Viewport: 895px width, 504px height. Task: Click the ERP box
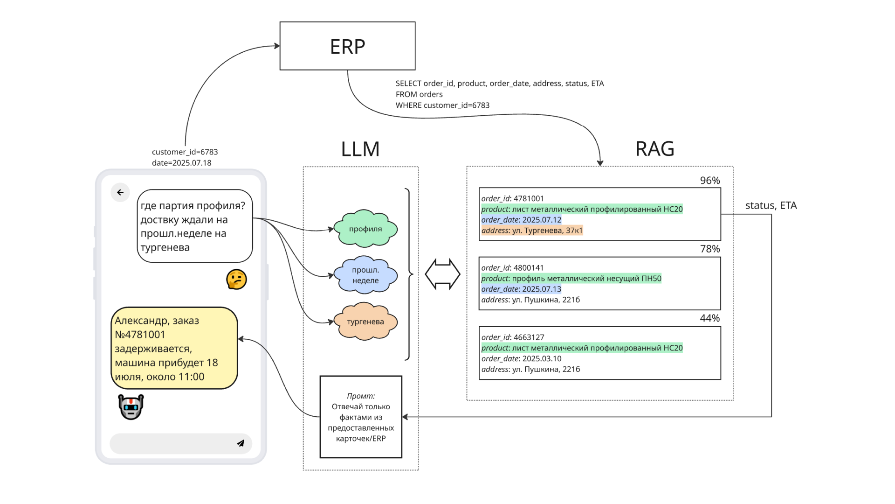(x=347, y=46)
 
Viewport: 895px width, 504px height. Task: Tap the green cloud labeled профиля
(x=365, y=229)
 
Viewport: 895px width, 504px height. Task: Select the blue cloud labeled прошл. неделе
(x=365, y=275)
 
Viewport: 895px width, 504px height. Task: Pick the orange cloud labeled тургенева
(x=365, y=322)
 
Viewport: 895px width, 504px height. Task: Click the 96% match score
(x=709, y=181)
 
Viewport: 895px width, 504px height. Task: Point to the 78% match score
(x=709, y=249)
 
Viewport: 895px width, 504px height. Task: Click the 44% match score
(x=709, y=318)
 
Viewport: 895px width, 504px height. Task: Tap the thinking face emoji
(x=236, y=280)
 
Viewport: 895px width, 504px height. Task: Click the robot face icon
(x=131, y=406)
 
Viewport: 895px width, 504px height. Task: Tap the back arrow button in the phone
(x=120, y=192)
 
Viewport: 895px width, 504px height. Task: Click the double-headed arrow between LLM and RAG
(x=442, y=274)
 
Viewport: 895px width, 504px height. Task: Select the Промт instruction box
(x=361, y=417)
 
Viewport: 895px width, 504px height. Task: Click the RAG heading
(x=654, y=149)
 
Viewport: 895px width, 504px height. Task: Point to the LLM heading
(x=360, y=149)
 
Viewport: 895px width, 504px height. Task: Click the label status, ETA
(x=771, y=205)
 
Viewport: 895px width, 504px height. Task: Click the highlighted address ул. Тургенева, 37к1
(x=532, y=231)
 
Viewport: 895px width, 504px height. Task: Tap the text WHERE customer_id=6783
(x=442, y=105)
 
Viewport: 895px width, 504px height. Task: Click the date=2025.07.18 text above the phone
(x=181, y=163)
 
